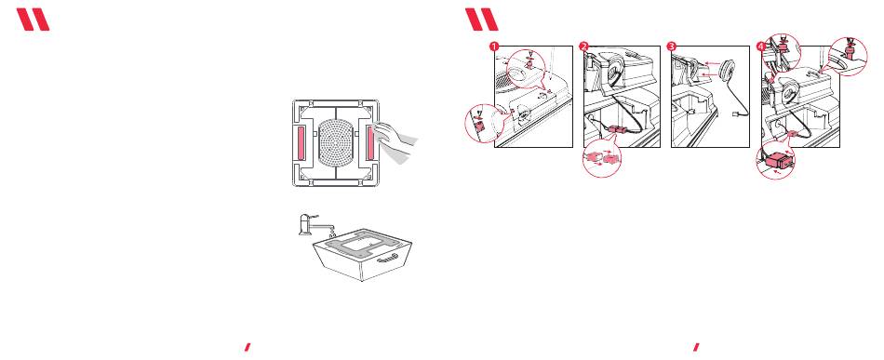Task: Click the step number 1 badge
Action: tap(494, 47)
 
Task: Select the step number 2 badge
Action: tap(583, 47)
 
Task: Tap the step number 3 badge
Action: tap(671, 47)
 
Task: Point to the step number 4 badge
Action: tap(761, 47)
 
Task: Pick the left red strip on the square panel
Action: tap(301, 142)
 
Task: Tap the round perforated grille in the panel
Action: tap(336, 142)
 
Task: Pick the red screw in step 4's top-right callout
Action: tap(847, 53)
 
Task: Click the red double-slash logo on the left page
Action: tap(33, 20)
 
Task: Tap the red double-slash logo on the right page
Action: tap(482, 20)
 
